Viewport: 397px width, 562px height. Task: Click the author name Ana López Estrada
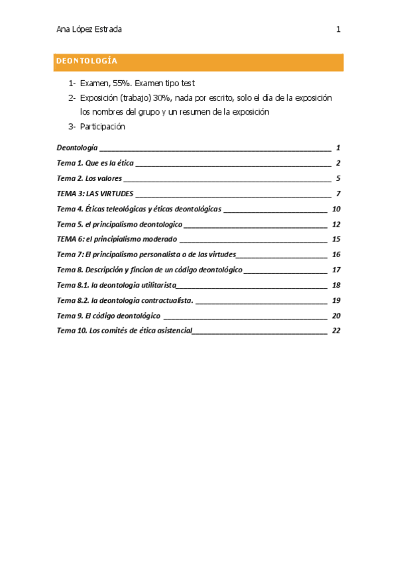click(89, 29)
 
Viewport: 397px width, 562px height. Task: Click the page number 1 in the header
click(338, 29)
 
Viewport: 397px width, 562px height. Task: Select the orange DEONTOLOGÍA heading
click(87, 62)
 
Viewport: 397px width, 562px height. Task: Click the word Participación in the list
click(103, 127)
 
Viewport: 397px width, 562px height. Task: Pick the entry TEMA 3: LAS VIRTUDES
click(95, 194)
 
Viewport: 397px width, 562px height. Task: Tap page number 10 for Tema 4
click(336, 209)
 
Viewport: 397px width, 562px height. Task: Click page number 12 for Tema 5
click(336, 224)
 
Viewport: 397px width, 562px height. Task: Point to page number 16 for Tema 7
click(336, 254)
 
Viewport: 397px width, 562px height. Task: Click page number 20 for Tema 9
click(336, 315)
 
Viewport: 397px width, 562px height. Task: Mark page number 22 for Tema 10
click(336, 331)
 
